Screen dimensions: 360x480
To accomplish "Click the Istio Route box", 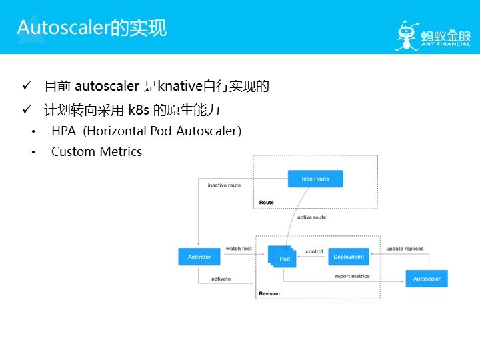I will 316,179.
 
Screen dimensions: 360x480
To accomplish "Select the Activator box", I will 199,257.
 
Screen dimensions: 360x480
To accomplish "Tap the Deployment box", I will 349,257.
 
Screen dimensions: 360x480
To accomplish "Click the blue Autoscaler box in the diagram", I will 427,279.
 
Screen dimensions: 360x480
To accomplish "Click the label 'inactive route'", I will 224,185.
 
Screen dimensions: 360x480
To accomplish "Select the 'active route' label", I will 311,217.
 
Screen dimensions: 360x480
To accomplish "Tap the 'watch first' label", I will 239,249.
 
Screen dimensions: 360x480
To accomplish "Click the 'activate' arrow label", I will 221,279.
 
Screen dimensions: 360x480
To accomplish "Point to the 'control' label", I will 314,251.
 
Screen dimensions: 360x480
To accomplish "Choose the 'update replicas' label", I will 405,249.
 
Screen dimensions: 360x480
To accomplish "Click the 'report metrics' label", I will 352,276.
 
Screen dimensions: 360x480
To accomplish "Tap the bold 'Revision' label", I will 269,293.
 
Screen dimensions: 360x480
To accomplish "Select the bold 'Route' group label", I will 266,201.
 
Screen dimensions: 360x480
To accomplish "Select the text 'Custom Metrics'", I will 97,152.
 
